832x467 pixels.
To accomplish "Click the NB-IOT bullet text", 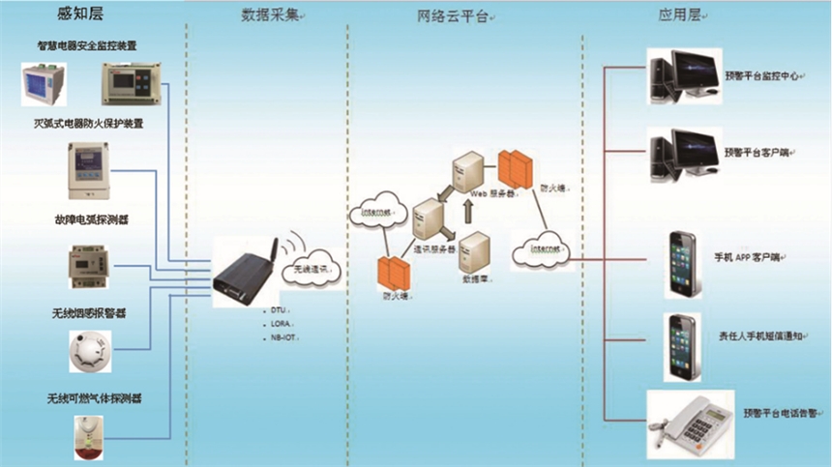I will (284, 339).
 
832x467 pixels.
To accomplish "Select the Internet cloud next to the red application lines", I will (540, 251).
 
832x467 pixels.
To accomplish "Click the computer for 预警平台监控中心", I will (681, 76).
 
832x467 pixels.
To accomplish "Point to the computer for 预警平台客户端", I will (681, 156).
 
